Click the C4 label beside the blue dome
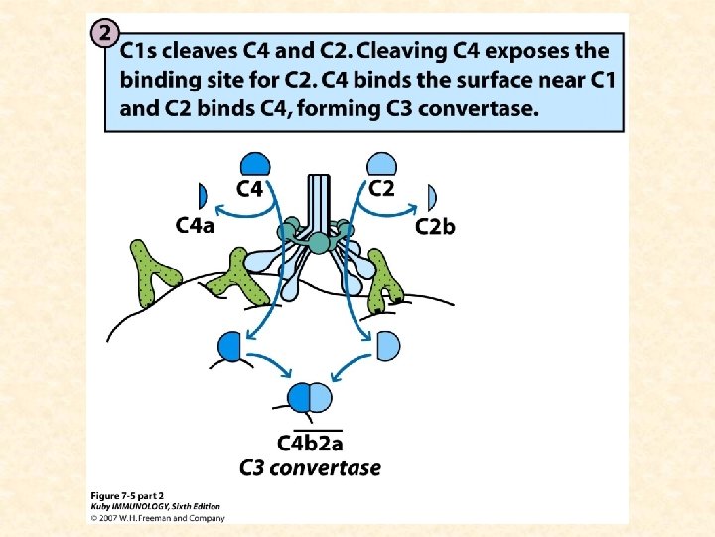[255, 187]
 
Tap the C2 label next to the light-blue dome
[381, 187]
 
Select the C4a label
[195, 226]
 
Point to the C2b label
[435, 227]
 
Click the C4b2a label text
[310, 444]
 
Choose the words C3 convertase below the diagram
[310, 467]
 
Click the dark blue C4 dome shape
[255, 164]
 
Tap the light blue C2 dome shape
[382, 164]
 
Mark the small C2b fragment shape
[431, 196]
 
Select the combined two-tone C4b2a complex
[310, 398]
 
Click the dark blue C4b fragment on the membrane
[230, 346]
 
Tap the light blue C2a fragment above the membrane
[388, 345]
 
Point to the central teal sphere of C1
[318, 242]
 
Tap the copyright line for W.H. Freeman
[158, 517]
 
